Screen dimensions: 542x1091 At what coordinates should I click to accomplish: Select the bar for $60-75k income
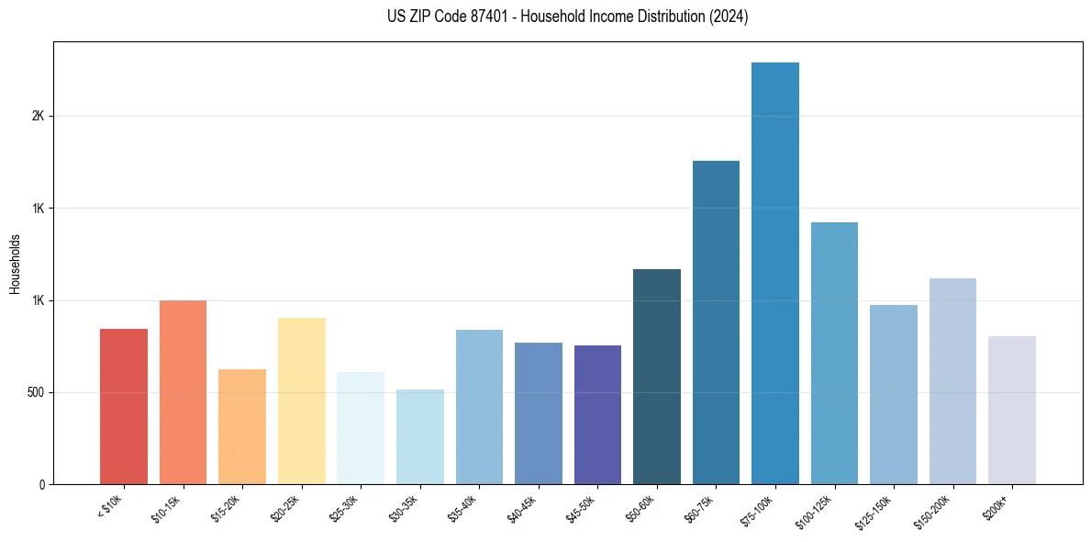pos(716,322)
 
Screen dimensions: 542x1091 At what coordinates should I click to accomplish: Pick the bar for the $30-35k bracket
pos(420,436)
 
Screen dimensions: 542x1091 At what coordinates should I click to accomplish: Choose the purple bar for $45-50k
pos(597,414)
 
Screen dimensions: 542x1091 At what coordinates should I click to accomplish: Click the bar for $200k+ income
pos(1012,410)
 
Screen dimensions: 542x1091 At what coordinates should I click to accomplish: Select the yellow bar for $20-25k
pos(302,401)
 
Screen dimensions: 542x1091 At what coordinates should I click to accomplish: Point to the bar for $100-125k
pos(834,353)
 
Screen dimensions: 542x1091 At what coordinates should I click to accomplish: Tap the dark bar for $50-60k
pos(657,377)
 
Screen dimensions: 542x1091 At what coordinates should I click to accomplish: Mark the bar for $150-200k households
pos(952,381)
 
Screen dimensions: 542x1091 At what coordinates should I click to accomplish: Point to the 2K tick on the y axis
pos(38,117)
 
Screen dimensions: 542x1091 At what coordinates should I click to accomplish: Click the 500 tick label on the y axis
pos(34,393)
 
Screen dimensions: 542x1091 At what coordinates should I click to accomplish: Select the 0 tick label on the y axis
pos(41,485)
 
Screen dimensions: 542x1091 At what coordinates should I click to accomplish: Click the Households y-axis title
pos(15,264)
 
